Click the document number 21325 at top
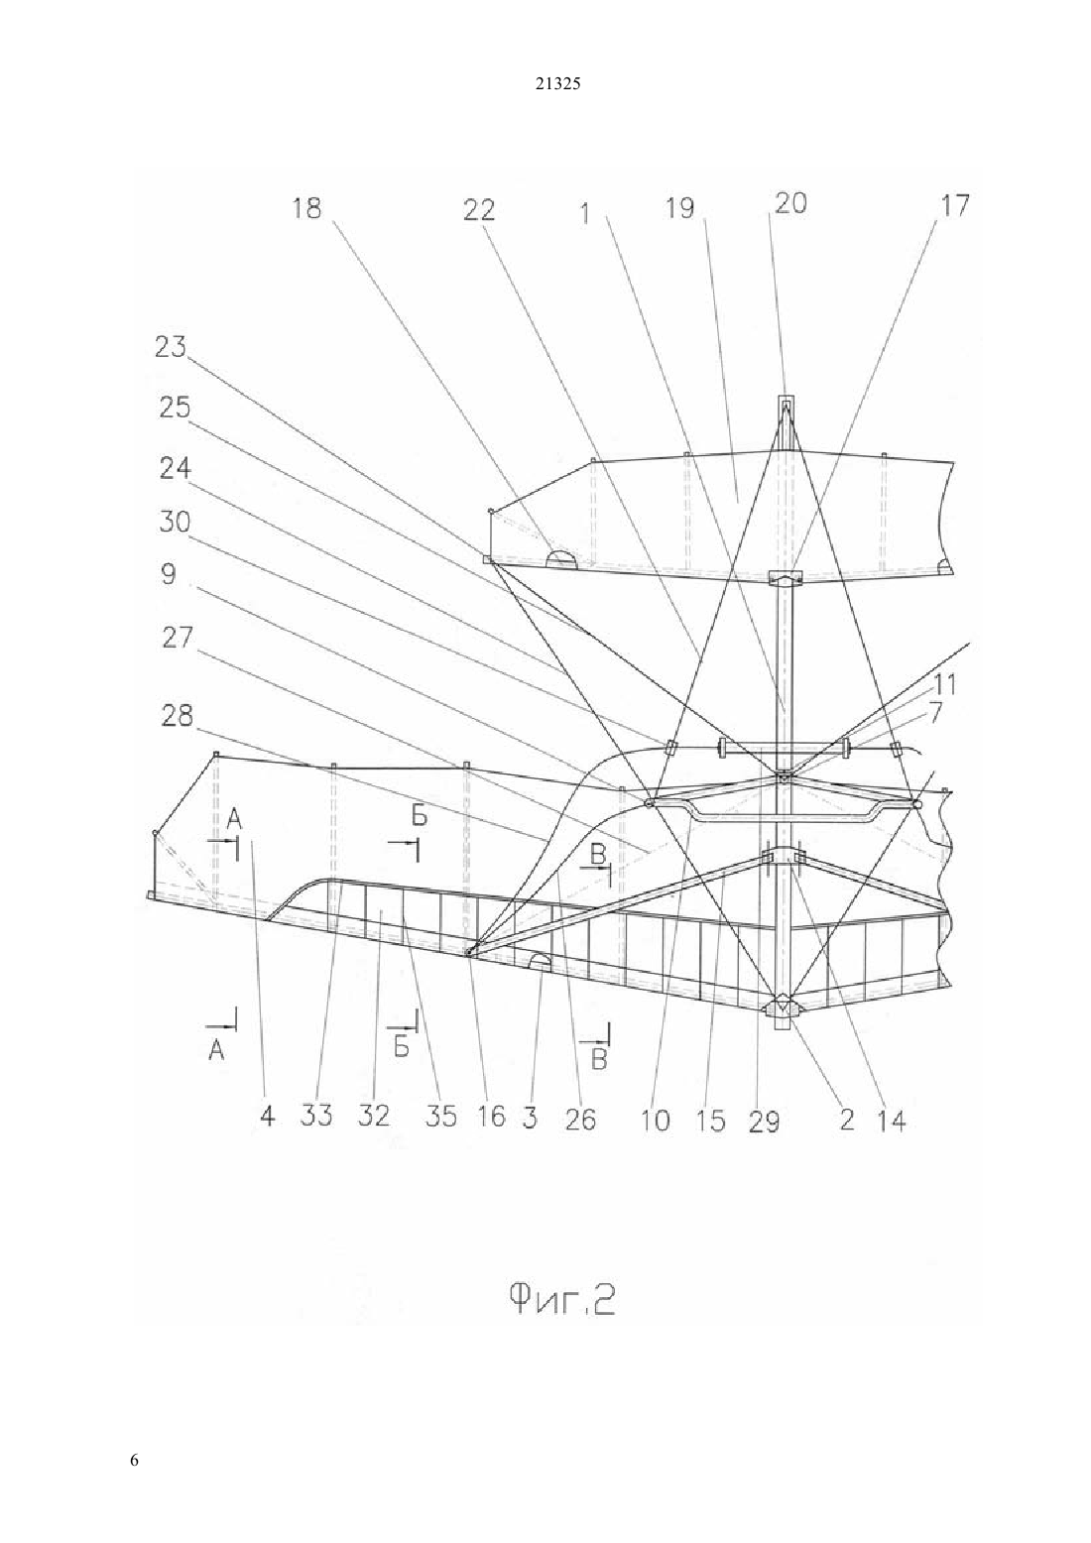coord(557,84)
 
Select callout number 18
coord(306,207)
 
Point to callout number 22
coord(479,210)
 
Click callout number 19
coord(679,208)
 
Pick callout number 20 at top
coord(790,203)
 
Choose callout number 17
coord(954,205)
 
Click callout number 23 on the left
coord(171,346)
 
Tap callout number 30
coord(175,523)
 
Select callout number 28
coord(177,716)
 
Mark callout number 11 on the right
coord(944,685)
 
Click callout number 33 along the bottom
coord(316,1116)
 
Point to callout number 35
coord(440,1117)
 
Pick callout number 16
coord(492,1116)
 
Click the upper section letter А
coord(234,819)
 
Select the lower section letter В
coord(599,1059)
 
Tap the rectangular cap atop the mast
coord(786,402)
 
